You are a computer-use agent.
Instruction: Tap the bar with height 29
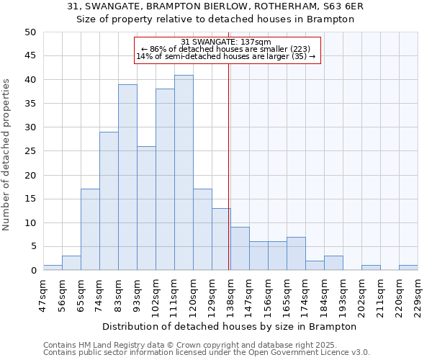109,201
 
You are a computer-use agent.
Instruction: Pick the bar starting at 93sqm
146,208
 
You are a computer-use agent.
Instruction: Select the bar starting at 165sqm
296,253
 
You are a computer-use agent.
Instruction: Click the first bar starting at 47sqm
53,268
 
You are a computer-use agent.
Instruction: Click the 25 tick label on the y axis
30,151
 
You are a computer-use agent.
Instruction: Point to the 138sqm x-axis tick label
230,294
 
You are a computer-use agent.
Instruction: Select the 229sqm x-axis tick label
418,294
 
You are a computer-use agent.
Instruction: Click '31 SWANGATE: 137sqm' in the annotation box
226,42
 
